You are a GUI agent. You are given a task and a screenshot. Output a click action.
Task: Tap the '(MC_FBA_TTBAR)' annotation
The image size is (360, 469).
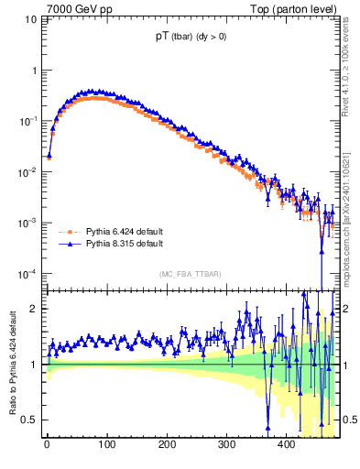(x=191, y=275)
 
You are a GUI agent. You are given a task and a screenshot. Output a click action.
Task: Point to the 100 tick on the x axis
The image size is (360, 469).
(x=106, y=444)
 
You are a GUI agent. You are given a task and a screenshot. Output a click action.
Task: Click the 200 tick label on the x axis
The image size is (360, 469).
(x=167, y=444)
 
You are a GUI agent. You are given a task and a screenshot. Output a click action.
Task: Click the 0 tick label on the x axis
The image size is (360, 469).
(x=47, y=444)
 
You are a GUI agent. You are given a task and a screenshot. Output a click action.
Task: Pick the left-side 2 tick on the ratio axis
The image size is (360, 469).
(x=35, y=309)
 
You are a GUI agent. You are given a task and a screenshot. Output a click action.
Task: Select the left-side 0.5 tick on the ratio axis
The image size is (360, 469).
(x=30, y=420)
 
